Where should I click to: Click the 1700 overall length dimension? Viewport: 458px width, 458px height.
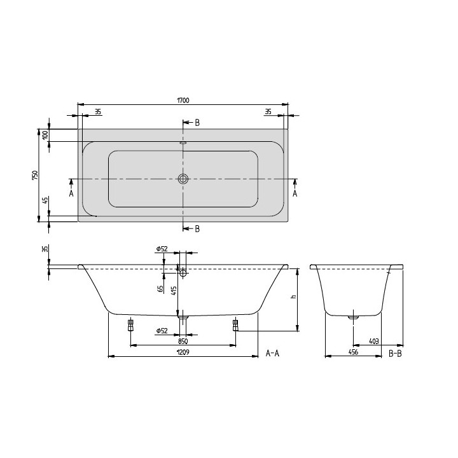[183, 101]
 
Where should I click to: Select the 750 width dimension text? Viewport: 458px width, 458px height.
[36, 175]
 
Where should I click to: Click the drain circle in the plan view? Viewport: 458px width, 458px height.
[183, 179]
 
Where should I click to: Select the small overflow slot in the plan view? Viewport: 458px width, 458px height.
[183, 143]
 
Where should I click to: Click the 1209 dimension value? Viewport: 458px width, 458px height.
[183, 352]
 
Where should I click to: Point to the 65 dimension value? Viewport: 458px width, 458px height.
[160, 288]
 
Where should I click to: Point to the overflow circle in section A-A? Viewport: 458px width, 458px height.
[183, 274]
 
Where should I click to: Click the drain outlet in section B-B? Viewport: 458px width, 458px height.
[354, 314]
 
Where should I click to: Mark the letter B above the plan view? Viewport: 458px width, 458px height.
[197, 123]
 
